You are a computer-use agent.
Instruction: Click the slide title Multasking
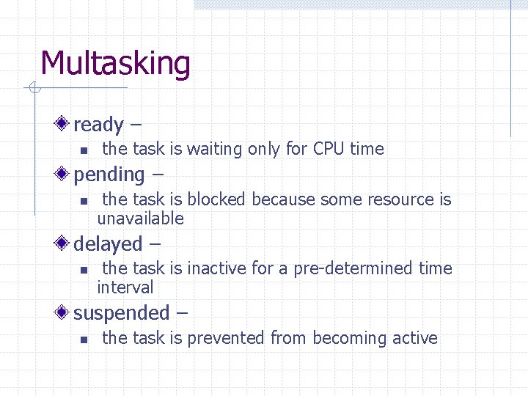click(x=115, y=65)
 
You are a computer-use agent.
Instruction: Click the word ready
click(x=98, y=125)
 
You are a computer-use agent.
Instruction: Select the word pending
click(x=109, y=175)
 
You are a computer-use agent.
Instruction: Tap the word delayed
click(x=108, y=244)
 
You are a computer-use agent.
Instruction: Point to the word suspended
click(x=121, y=314)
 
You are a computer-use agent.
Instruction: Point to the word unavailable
click(x=140, y=219)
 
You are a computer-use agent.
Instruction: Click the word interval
click(x=125, y=287)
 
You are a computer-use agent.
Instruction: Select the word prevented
click(x=226, y=338)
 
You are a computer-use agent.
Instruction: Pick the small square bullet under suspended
click(x=84, y=340)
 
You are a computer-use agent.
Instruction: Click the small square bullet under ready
click(x=84, y=150)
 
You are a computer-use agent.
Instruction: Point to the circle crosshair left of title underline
click(x=34, y=89)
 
